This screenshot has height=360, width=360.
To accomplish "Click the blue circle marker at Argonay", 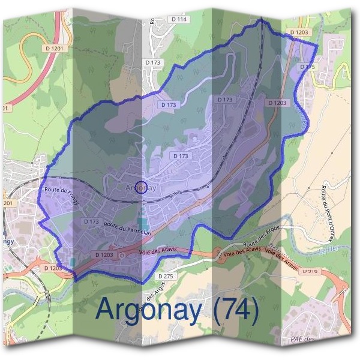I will coord(140,187).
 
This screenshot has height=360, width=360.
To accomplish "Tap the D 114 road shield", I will coord(179,19).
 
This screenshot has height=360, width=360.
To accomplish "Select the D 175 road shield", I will coord(307,67).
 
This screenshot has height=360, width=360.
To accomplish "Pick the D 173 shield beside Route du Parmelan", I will coord(91,221).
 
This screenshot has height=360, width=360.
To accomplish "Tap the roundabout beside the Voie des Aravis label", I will coord(122,255).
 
